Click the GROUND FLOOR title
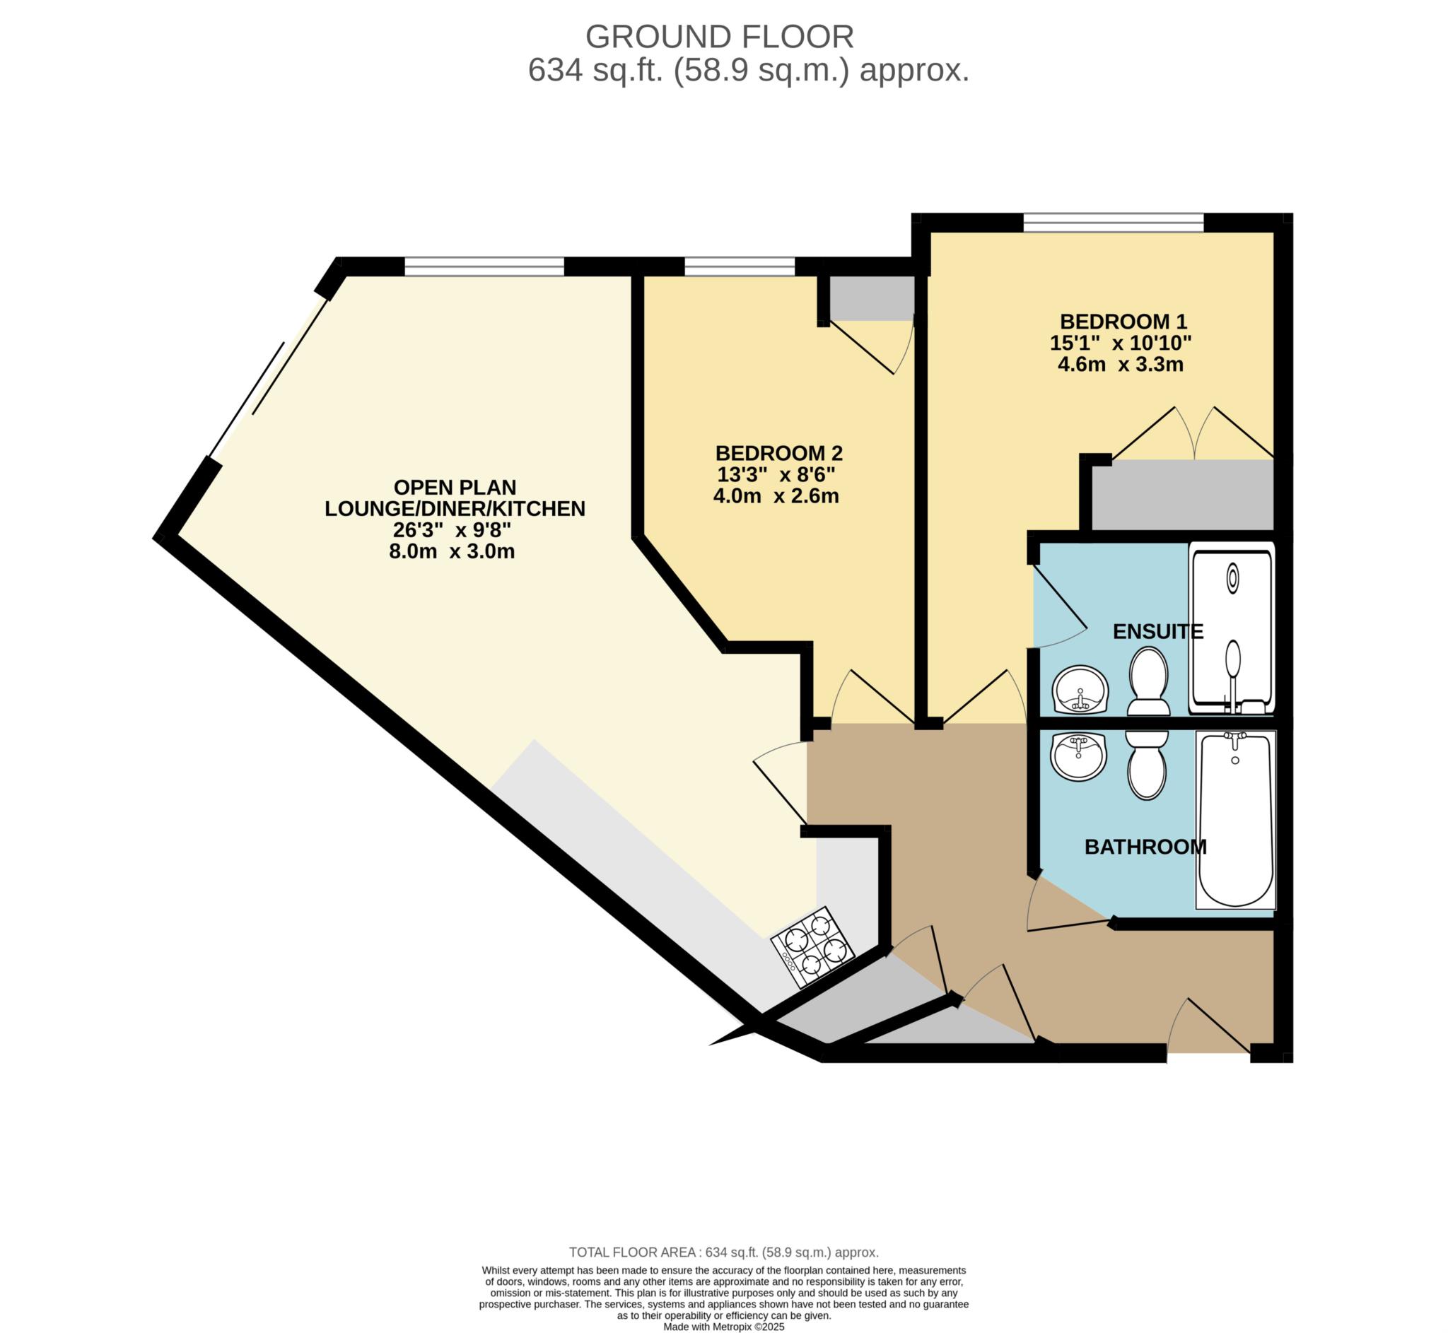[719, 37]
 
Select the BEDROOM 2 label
[778, 453]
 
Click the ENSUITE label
[1158, 631]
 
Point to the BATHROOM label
[1145, 846]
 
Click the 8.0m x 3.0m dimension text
[452, 552]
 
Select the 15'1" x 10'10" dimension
[1121, 343]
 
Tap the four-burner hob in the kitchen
[812, 948]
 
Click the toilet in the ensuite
[1148, 681]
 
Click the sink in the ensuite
[1080, 690]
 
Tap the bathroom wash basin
[1079, 757]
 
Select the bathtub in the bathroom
[1235, 820]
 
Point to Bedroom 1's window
[1114, 222]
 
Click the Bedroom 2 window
[740, 266]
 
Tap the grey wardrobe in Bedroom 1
[1182, 495]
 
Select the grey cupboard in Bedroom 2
[872, 298]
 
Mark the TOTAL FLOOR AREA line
[723, 1252]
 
